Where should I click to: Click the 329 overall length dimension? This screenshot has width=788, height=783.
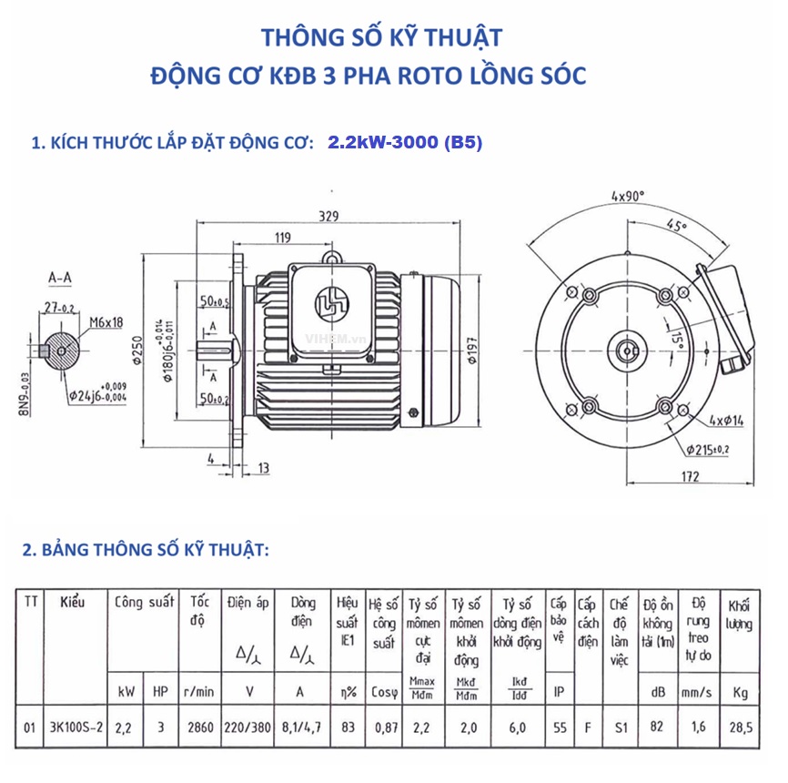coord(328,216)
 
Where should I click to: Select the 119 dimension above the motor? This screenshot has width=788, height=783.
coord(281,239)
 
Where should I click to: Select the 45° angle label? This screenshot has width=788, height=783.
coord(675,227)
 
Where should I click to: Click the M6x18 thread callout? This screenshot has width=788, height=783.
coord(108,321)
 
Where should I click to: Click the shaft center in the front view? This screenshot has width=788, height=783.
coord(626,349)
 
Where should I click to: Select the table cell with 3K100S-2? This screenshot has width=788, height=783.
coord(76,727)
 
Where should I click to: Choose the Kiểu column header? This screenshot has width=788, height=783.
coord(72,604)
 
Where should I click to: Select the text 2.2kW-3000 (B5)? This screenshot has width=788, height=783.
coord(405,143)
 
